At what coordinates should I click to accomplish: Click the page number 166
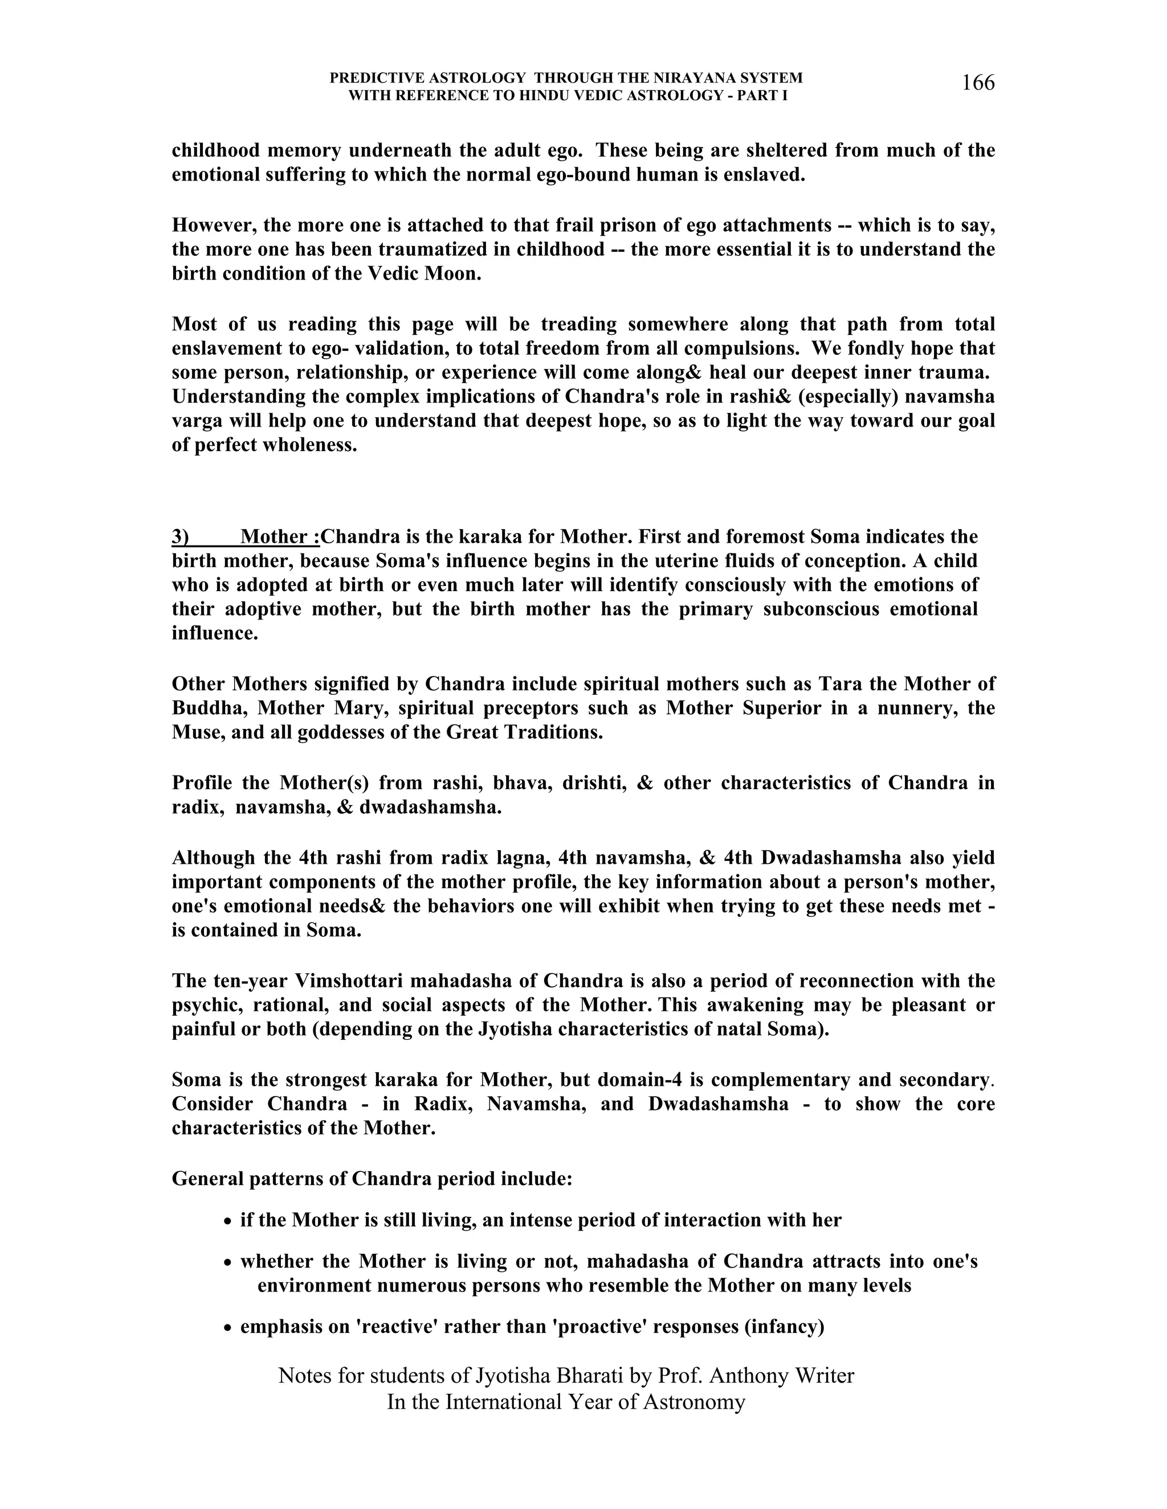click(978, 84)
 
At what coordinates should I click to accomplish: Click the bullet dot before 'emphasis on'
click(228, 1328)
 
